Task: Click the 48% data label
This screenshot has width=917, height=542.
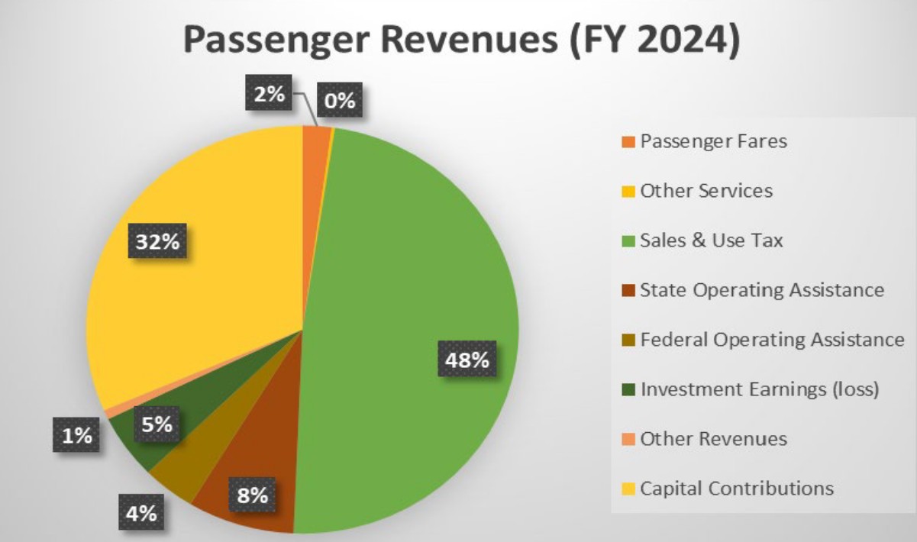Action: pyautogui.click(x=468, y=360)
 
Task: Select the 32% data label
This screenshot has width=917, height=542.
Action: pyautogui.click(x=157, y=243)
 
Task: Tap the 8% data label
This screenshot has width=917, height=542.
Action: pyautogui.click(x=252, y=495)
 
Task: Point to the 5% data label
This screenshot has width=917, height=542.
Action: pyautogui.click(x=157, y=424)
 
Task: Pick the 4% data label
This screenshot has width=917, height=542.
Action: pyautogui.click(x=141, y=513)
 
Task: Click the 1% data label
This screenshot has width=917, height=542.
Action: pyautogui.click(x=76, y=436)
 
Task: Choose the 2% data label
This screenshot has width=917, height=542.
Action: pyautogui.click(x=269, y=95)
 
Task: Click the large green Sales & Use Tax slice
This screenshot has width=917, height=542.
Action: pyautogui.click(x=412, y=290)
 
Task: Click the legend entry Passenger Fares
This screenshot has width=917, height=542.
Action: pyautogui.click(x=713, y=141)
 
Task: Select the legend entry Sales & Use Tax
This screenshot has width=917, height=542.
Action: pyautogui.click(x=712, y=240)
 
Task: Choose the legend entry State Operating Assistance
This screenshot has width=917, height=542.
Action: pyautogui.click(x=762, y=290)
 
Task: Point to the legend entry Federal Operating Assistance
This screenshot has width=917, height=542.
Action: pyautogui.click(x=772, y=340)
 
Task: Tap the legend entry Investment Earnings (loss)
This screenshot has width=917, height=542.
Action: pyautogui.click(x=760, y=389)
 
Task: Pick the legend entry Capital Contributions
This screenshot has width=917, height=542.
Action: pyautogui.click(x=737, y=489)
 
